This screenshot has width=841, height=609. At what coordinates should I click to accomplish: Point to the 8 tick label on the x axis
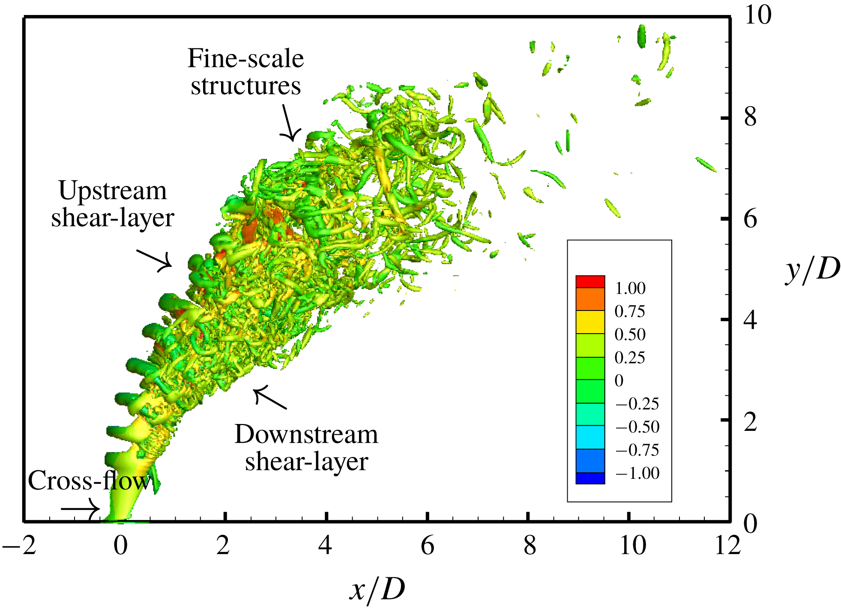tap(530, 546)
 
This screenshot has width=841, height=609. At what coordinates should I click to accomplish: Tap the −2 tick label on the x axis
tap(20, 546)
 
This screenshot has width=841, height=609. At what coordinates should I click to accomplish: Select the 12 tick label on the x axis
tap(727, 546)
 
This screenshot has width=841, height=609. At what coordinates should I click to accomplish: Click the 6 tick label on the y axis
tap(750, 219)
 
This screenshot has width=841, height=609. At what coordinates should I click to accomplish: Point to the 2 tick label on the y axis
tap(750, 422)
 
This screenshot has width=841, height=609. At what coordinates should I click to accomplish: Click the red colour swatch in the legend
tap(590, 281)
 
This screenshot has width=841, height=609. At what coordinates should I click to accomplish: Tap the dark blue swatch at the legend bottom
tap(590, 478)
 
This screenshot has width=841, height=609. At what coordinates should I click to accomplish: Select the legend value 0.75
tap(629, 311)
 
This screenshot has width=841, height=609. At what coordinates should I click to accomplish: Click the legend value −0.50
tap(637, 427)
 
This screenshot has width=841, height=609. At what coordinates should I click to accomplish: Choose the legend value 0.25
tap(629, 358)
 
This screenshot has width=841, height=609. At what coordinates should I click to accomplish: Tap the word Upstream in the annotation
tap(112, 191)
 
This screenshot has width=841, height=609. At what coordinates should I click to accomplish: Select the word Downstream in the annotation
tap(306, 434)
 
